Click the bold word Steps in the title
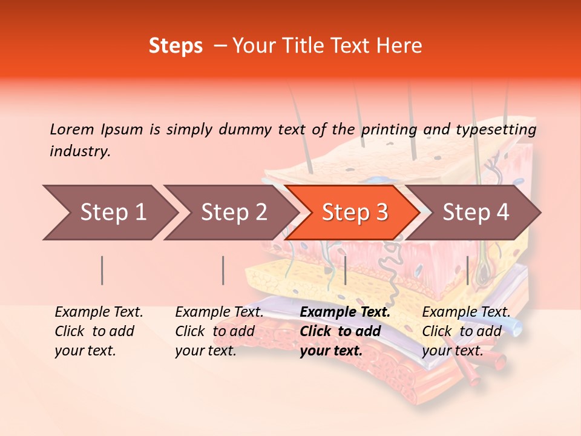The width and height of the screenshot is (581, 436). click(176, 46)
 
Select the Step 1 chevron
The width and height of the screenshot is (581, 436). click(109, 212)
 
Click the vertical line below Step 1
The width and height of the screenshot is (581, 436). click(102, 270)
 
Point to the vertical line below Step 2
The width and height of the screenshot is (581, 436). click(223, 270)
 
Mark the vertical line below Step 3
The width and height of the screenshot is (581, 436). click(345, 270)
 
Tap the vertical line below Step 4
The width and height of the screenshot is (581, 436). click(467, 270)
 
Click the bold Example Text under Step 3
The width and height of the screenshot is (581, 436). click(345, 312)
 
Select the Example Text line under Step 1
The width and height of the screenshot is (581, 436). click(99, 312)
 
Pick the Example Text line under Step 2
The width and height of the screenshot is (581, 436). click(219, 312)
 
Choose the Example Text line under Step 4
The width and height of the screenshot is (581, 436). click(466, 312)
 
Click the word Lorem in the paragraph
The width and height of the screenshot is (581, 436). click(72, 129)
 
